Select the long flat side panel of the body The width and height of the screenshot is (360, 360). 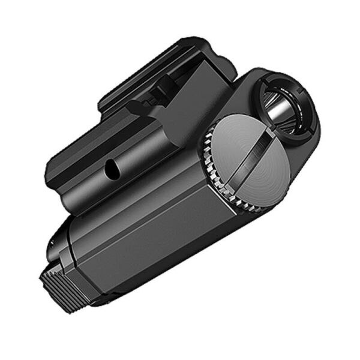pos(150,240)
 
